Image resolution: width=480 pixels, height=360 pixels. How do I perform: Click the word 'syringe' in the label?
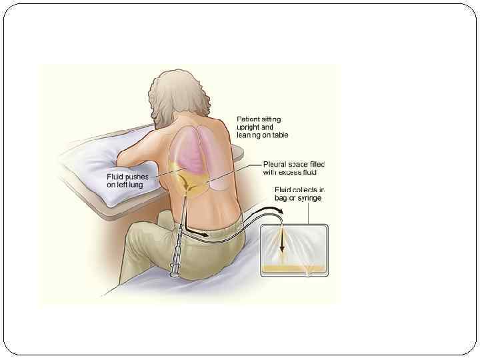309,199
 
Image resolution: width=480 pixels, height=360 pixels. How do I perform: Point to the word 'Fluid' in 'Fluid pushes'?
117,177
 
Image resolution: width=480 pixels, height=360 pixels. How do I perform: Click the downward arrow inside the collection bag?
282,241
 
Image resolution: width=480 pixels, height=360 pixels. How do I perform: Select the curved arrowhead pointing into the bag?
278,211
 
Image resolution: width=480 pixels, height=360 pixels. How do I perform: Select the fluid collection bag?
293,250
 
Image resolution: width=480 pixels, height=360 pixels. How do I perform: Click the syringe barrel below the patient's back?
178,247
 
